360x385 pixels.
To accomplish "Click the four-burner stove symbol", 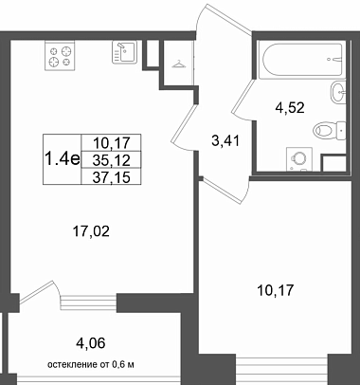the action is point(60,56).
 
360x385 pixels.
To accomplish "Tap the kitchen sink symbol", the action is point(125,52).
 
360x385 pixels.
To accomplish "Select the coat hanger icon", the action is point(178,64).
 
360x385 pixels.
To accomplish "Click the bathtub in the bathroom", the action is point(300,60).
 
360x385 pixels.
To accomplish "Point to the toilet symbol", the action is point(329,130).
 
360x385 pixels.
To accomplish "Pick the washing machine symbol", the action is point(298,159).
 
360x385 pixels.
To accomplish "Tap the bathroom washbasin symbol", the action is point(338,92).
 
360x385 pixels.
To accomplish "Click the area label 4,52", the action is point(290,108).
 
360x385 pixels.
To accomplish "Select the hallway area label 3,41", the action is point(225,140).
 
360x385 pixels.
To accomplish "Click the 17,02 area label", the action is point(91,231).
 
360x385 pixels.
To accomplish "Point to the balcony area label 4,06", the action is point(90,342).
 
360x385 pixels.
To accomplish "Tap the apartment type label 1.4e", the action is point(63,158).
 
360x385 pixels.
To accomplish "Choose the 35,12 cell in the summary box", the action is point(112,160).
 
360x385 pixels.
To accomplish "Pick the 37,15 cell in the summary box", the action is point(112,177).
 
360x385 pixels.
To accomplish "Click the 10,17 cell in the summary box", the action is point(112,143).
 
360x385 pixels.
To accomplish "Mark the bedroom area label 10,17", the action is point(276,290).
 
